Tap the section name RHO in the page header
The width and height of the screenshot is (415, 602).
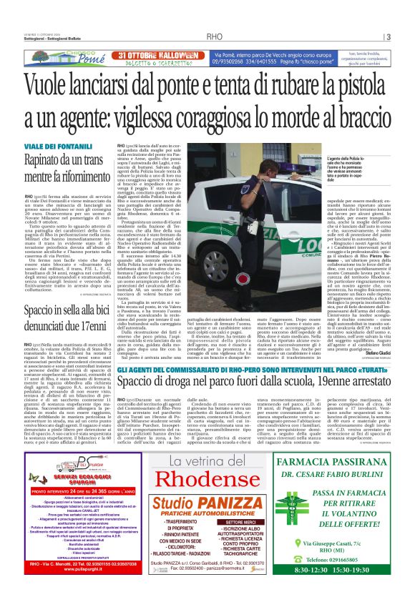[214, 36]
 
